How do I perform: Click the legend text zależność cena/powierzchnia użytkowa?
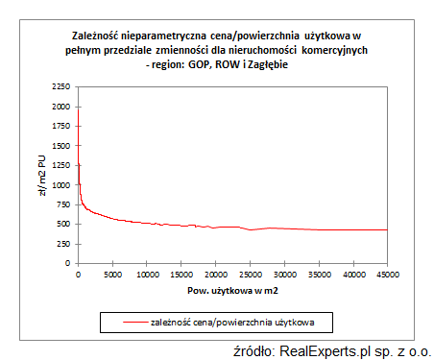click(240, 318)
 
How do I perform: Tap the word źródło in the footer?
click(257, 348)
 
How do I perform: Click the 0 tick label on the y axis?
click(67, 263)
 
